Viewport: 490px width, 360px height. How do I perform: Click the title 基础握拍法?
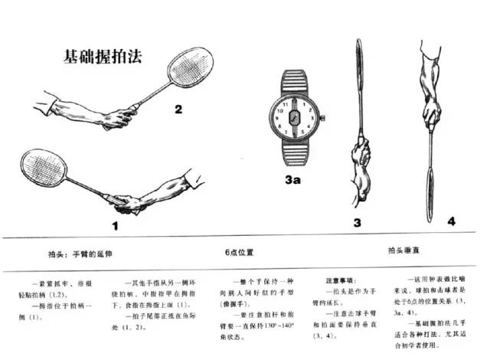pyautogui.click(x=101, y=57)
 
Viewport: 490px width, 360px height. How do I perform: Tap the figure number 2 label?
pyautogui.click(x=178, y=110)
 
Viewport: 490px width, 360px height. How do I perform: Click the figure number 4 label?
pyautogui.click(x=450, y=221)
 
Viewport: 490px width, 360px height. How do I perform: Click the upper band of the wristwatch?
pyautogui.click(x=299, y=78)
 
